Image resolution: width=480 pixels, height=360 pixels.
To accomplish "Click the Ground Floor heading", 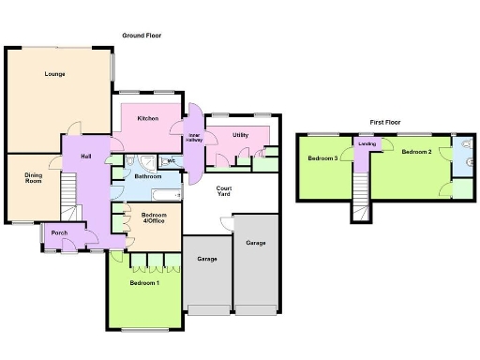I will coord(142,36).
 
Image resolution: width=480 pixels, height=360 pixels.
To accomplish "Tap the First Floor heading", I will coord(388,122).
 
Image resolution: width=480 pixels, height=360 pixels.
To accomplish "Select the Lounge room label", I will coord(53,73).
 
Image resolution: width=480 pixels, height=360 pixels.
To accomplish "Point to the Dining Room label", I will coord(34,178).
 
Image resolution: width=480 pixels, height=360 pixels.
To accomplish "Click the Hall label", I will coord(85,156).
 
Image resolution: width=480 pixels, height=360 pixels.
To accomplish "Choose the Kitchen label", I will coord(147,118).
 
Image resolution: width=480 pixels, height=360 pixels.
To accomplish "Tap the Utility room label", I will coord(240,135).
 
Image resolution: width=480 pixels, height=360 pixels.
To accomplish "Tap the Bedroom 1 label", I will coord(144,283).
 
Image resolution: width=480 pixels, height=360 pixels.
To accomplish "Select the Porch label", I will coord(59,232).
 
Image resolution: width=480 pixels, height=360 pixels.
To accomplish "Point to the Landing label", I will coord(367,143).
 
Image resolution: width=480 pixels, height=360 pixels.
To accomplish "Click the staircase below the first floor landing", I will coord(362,208).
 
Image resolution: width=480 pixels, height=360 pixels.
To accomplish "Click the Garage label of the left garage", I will coord(207,259).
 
